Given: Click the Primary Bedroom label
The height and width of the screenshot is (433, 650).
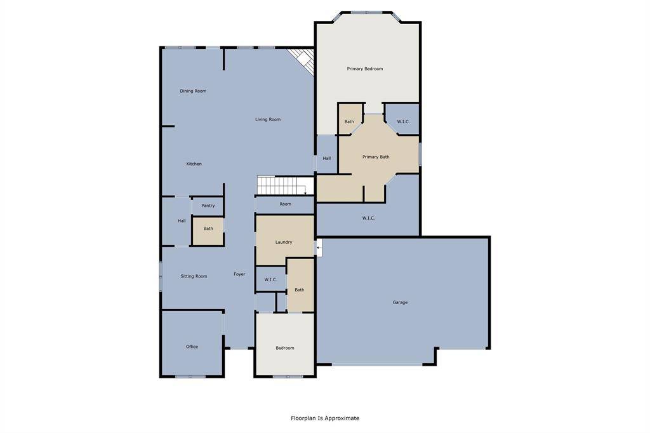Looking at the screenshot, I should click(364, 69).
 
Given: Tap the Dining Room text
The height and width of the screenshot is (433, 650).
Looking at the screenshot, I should click(193, 91).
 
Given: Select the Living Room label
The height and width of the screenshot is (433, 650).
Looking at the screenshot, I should click(268, 119).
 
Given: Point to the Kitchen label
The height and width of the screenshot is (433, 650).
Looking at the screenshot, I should click(194, 164).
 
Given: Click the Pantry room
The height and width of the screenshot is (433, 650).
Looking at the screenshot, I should click(208, 206).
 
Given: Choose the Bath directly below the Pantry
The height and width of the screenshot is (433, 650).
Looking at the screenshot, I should click(208, 229).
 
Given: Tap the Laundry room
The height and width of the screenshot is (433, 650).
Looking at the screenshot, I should click(284, 242).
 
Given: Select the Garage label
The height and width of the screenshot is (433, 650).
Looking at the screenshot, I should click(400, 302).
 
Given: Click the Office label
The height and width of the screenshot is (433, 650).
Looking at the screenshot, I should click(192, 347).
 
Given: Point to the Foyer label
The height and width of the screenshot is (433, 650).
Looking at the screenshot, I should click(239, 274).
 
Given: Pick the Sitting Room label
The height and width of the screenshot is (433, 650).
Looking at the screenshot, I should click(194, 276).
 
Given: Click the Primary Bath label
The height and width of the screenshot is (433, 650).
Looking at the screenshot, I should click(376, 157).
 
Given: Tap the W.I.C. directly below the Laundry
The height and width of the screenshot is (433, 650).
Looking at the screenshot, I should click(270, 279).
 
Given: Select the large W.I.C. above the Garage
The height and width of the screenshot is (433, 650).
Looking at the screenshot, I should click(368, 218).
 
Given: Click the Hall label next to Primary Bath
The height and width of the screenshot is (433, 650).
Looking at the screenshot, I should click(326, 158).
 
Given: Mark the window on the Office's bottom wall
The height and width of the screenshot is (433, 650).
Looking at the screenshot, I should click(190, 376).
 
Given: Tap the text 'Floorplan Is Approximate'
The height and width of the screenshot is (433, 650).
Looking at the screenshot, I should click(325, 418).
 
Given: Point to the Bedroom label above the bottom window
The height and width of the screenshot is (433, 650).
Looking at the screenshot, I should click(285, 348).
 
